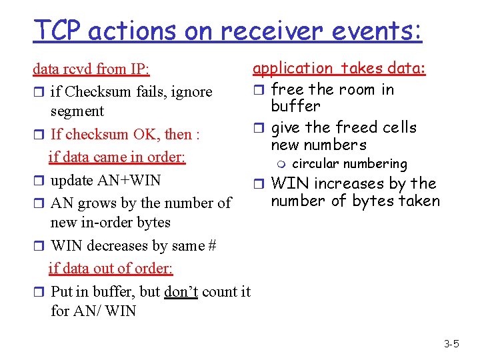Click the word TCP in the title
(x=60, y=30)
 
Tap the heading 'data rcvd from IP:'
(x=91, y=69)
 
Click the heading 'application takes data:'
(x=339, y=68)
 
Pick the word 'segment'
(x=77, y=111)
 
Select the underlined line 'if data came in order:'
(x=117, y=157)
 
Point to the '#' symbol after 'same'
(x=211, y=246)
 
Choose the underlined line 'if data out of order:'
(x=111, y=268)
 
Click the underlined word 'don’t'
(x=181, y=291)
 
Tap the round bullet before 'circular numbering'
(x=283, y=164)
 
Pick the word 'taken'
(x=418, y=201)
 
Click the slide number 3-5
(x=451, y=344)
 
